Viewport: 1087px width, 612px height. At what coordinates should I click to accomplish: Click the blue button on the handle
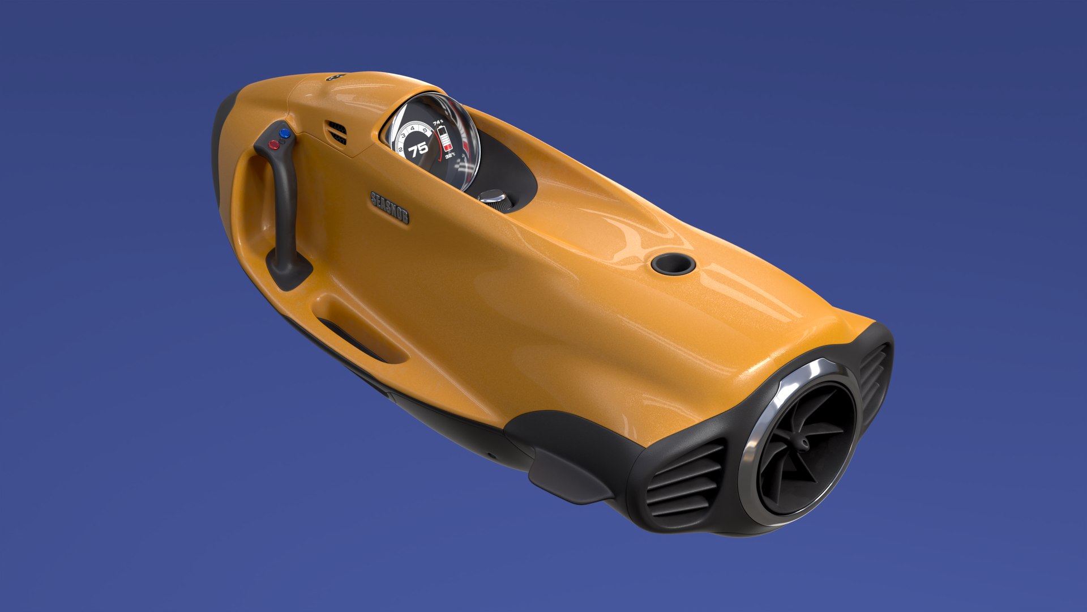coord(285,134)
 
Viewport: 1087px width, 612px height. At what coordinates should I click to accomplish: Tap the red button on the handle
coord(274,144)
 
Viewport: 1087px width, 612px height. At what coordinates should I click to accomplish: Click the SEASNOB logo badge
coord(390,207)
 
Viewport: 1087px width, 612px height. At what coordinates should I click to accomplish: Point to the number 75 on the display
coord(418,150)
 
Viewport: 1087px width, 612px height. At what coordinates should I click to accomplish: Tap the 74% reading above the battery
coord(438,122)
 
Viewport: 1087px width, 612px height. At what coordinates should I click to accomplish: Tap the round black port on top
coord(673,263)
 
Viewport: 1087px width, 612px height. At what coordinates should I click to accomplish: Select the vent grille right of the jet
coord(874,375)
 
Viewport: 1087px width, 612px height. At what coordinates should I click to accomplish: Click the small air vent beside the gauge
coord(337,133)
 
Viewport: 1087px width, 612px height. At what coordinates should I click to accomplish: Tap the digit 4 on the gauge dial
coord(412,129)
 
